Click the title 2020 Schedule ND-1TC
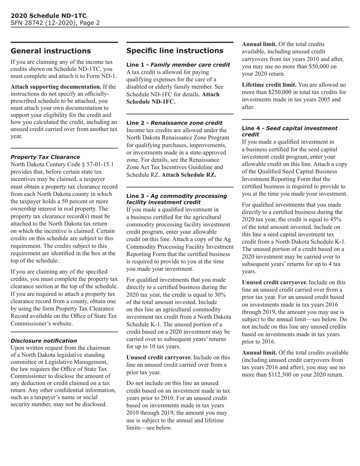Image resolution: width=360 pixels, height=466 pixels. tap(49, 16)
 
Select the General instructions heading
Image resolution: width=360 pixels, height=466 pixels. tap(50, 51)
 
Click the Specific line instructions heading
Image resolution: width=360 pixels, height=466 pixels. tap(174, 51)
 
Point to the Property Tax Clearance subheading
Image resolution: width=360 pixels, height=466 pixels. tap(45, 157)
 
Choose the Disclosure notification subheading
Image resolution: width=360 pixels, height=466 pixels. tap(44, 341)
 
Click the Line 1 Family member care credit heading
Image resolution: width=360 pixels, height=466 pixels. tap(178, 65)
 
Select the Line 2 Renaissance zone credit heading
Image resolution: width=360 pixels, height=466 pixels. tap(174, 123)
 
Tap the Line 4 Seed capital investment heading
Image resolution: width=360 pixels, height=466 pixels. tap(289, 131)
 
